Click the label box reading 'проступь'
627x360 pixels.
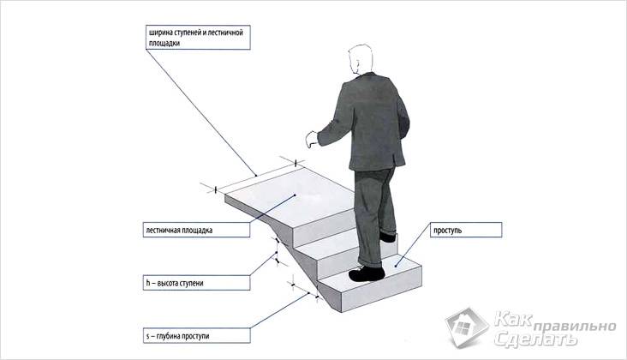click(466, 230)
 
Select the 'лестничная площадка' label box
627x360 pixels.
click(197, 230)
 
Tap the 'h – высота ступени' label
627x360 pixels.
click(197, 283)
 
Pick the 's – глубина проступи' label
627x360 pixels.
click(197, 336)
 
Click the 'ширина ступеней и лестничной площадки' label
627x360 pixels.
click(198, 38)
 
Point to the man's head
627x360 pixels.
click(361, 59)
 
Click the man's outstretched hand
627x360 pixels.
click(312, 139)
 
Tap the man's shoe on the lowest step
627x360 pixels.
click(367, 273)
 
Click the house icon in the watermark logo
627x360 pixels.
click(467, 328)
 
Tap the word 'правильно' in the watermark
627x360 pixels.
click(574, 326)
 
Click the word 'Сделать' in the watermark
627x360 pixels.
click(535, 339)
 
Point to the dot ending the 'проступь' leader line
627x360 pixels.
click(396, 265)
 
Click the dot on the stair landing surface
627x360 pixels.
click(295, 195)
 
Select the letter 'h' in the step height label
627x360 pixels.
click(148, 283)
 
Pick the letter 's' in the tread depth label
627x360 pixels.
click(147, 336)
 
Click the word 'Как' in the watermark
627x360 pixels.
click(513, 318)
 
